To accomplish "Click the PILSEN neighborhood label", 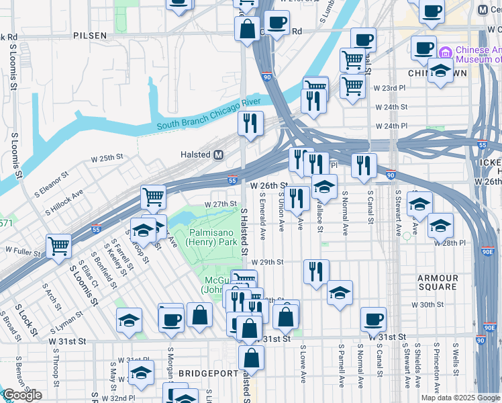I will (90, 34).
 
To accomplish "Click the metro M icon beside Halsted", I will (218, 154).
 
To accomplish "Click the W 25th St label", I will (108, 159).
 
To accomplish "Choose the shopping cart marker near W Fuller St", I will (59, 246).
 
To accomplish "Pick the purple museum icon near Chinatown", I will (444, 52).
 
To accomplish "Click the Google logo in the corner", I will (22, 395).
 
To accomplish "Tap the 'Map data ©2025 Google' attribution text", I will (460, 398).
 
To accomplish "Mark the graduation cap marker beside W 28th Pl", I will (441, 225).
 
